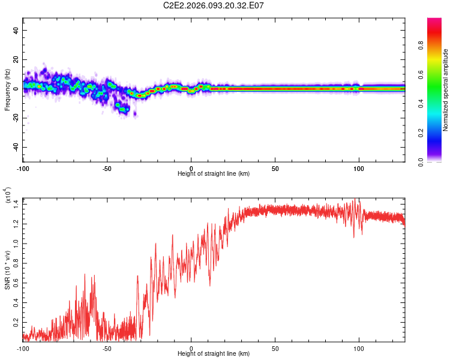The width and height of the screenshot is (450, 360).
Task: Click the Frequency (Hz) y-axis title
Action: (8, 90)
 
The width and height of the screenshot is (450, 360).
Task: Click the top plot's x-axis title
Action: (214, 173)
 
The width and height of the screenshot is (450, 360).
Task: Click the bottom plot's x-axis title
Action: (214, 353)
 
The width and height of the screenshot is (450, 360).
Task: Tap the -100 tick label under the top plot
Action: (23, 168)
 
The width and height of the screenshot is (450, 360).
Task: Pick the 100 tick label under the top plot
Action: (359, 168)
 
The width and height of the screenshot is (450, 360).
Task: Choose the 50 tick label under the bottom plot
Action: (275, 348)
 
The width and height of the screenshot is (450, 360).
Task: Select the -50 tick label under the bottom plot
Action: (107, 348)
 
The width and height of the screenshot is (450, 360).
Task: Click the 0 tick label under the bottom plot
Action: (191, 348)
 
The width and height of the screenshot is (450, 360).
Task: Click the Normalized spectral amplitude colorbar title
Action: (445, 90)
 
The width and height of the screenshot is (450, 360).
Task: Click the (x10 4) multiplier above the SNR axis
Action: (8, 196)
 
